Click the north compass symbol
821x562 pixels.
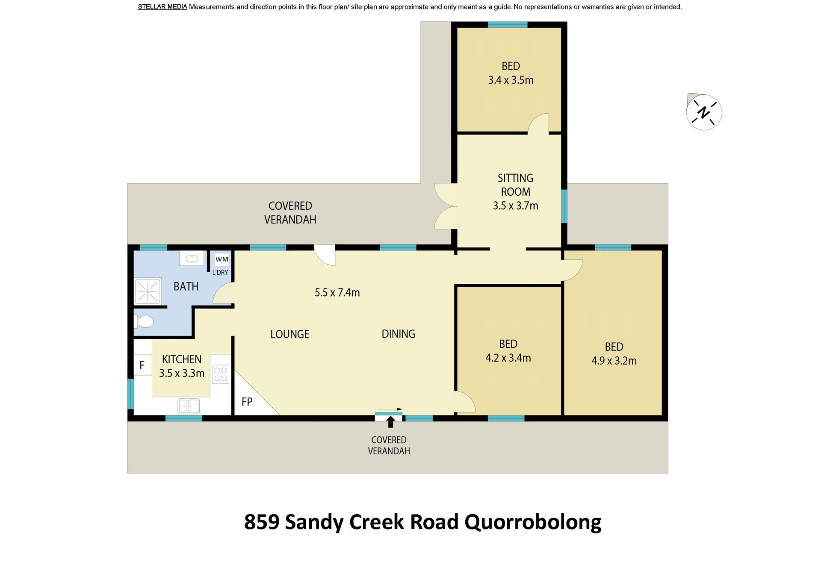(x=704, y=112)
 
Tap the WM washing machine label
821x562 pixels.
(x=222, y=259)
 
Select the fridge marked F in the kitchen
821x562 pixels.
(x=142, y=365)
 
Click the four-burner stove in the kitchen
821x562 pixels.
(x=221, y=374)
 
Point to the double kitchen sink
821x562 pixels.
(x=189, y=406)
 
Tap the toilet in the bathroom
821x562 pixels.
(x=144, y=321)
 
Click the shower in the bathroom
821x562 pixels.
(x=148, y=291)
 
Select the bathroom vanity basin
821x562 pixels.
(x=192, y=258)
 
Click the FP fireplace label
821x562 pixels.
(x=247, y=402)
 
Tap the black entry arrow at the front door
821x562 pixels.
(x=390, y=422)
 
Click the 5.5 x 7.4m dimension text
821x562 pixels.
(x=337, y=293)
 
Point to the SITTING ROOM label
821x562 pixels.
(x=516, y=185)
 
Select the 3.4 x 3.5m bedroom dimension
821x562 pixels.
(x=511, y=80)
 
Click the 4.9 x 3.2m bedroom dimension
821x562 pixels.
(x=614, y=361)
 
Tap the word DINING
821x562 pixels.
(x=399, y=334)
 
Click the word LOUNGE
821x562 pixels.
(x=290, y=334)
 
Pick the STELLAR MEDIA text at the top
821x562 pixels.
(x=162, y=7)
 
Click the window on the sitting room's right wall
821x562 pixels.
(x=564, y=206)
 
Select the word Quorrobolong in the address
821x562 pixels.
(x=533, y=522)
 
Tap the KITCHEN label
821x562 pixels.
(x=182, y=359)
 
